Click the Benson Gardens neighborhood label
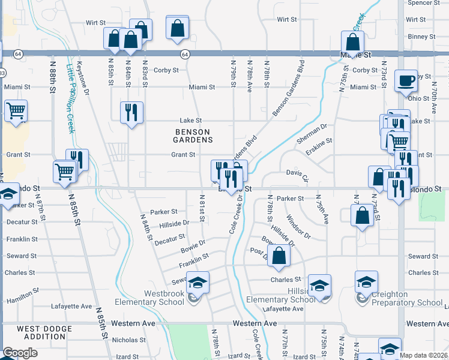194,136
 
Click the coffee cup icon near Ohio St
406,80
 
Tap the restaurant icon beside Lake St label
131,112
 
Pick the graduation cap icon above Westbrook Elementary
197,281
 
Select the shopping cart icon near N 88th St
16,111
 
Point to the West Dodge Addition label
45,332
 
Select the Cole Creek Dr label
233,217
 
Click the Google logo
20,353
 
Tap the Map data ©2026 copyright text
423,355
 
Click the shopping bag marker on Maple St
353,41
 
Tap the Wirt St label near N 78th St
288,20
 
